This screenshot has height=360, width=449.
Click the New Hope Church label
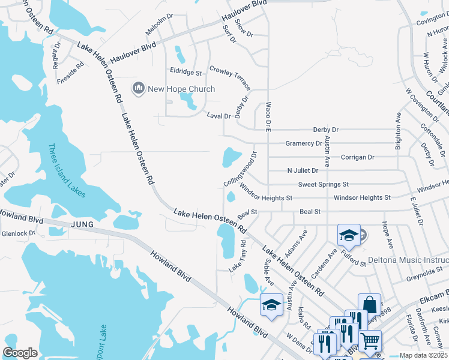point(181,89)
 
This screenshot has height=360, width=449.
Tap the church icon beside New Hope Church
point(139,89)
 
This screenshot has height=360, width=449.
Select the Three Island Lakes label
point(66,170)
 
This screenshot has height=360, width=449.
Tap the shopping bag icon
point(370,304)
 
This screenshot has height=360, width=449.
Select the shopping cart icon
point(370,341)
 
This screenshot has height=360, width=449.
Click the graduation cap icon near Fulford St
point(348,235)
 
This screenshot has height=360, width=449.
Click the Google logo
point(20,352)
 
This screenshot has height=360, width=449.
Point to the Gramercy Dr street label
point(303,143)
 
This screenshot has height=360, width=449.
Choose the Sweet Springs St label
point(323,184)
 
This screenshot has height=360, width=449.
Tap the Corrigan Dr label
point(357,157)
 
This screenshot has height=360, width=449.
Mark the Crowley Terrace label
point(230,78)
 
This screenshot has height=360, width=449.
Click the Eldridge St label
point(185,72)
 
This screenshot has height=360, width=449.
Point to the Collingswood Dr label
point(240,168)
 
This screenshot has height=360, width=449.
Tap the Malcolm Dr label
point(159,26)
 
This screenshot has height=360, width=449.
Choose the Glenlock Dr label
point(19,233)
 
